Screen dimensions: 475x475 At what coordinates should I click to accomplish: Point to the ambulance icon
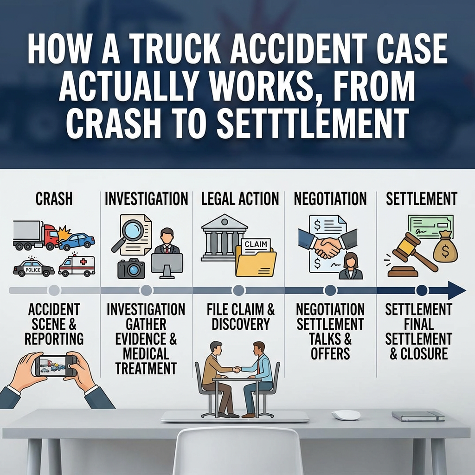77,266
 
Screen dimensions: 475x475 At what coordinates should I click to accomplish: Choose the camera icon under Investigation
131,268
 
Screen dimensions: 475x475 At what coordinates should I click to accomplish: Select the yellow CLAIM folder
256,259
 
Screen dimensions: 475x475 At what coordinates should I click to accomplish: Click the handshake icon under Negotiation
327,246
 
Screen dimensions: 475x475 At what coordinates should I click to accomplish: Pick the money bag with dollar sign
445,249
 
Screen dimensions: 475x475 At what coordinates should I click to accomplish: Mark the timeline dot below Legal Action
238,290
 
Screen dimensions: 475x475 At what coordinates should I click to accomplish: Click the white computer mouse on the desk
346,415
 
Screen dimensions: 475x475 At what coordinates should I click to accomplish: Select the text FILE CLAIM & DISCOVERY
241,317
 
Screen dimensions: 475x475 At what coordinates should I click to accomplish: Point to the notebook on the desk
418,416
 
